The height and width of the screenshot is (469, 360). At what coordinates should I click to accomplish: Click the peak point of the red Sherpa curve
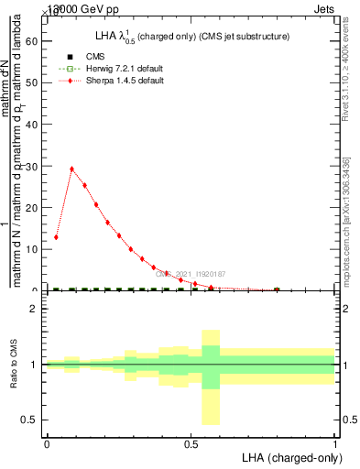(71, 169)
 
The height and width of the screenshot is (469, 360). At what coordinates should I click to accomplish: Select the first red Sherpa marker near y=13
(57, 237)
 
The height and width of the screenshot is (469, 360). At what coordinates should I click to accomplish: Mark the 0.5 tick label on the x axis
(191, 444)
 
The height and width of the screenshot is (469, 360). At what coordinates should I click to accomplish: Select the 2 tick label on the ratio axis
(34, 309)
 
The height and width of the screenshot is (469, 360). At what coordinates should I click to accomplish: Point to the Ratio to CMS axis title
(15, 365)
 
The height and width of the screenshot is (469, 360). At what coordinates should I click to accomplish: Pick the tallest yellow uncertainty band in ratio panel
(211, 377)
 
